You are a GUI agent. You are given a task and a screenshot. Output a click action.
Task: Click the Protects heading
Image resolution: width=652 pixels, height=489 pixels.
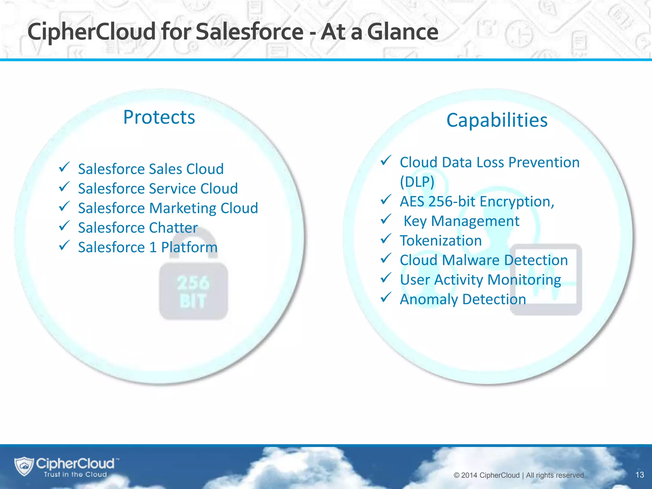159,117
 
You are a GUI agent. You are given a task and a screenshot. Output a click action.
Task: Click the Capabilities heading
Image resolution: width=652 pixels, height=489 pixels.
497,120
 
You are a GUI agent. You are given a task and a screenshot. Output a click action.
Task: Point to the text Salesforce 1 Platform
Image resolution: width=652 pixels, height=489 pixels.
148,247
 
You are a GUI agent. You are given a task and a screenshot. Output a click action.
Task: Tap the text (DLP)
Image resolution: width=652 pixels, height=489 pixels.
417,182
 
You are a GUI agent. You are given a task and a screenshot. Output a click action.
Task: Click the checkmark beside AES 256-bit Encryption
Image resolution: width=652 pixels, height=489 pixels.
386,200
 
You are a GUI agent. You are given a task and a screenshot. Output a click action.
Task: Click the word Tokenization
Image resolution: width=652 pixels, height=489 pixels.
441,241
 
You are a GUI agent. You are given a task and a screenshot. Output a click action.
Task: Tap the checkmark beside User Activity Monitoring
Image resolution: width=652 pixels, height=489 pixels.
386,278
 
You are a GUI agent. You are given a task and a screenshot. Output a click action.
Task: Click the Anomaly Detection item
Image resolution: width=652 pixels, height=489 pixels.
463,299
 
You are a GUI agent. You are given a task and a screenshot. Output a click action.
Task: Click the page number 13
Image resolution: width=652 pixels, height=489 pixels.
639,475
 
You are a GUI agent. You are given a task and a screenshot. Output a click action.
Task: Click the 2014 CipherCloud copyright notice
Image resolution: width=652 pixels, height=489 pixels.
519,475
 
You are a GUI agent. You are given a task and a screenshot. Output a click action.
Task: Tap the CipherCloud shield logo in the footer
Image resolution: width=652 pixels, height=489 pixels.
24,466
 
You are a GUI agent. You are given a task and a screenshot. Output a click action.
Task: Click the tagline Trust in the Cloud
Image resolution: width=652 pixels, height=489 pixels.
75,475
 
